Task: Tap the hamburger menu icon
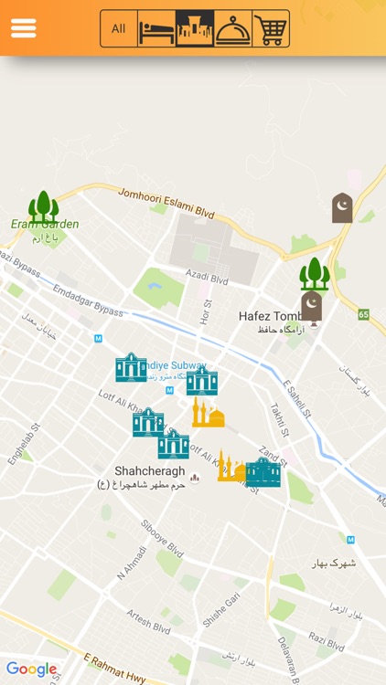23,28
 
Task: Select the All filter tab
119,28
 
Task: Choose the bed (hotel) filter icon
156,29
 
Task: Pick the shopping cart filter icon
270,29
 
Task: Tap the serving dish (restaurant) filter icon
232,29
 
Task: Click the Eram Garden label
45,224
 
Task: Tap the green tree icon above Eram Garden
43,206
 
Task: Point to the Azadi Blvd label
207,276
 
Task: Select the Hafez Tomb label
271,316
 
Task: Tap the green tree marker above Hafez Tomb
314,273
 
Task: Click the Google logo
32,669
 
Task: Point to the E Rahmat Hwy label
115,669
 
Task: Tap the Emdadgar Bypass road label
88,300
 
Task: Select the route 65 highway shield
364,314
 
